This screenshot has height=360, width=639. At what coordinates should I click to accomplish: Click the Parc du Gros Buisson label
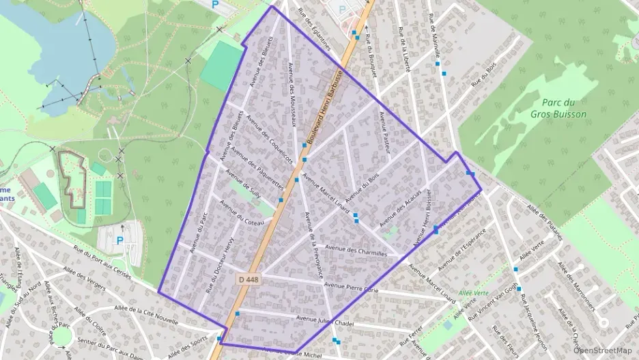[x=558, y=109]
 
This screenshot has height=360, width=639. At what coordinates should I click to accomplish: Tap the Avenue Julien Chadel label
[x=326, y=320]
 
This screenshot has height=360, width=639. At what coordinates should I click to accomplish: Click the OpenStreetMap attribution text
[x=602, y=350]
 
